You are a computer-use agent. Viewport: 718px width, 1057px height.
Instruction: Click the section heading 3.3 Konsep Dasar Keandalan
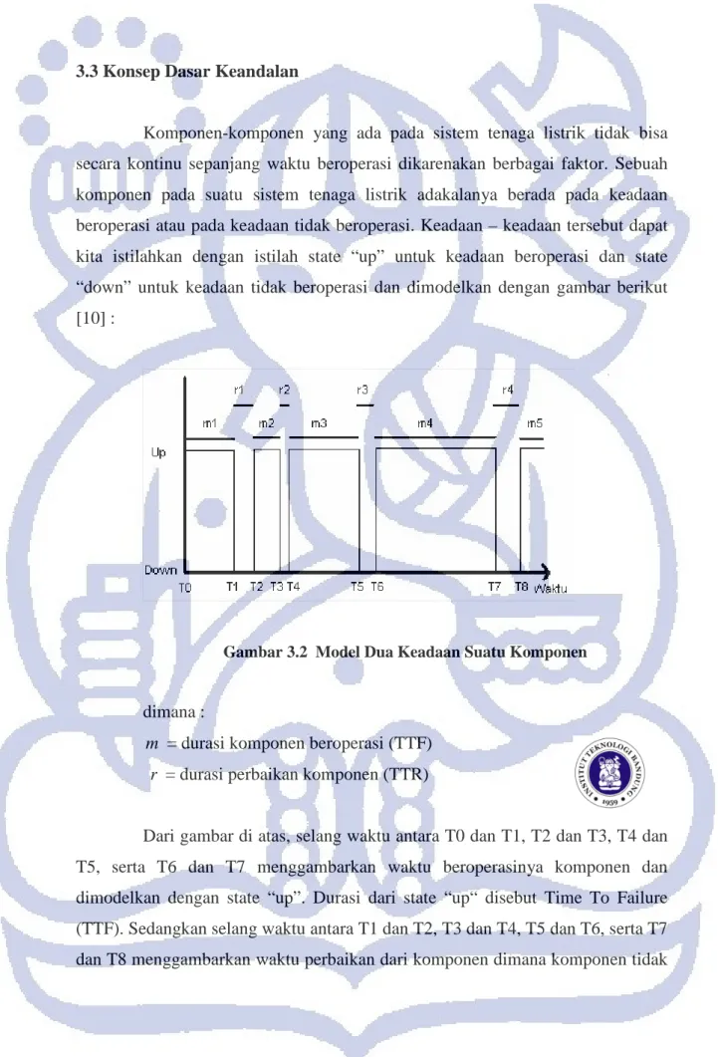(x=186, y=72)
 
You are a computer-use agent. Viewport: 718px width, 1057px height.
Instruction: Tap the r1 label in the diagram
(x=239, y=390)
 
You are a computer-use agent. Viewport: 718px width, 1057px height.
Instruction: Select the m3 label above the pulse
(x=319, y=423)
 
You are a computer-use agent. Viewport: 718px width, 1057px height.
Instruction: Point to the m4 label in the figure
(x=425, y=423)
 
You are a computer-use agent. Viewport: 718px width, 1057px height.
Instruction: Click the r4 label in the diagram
(x=508, y=390)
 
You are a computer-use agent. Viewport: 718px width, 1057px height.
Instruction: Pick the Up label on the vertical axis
(x=158, y=452)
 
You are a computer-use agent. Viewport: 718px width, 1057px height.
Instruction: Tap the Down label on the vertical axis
(x=160, y=570)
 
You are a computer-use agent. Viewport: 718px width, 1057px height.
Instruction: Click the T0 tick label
(x=185, y=588)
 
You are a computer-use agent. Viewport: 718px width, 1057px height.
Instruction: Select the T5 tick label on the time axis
(x=357, y=587)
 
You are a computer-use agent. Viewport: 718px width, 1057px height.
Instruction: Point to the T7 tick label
(x=494, y=587)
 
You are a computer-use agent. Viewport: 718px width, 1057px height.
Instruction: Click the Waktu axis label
(x=551, y=589)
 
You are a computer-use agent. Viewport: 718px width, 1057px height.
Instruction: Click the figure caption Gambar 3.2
(x=404, y=652)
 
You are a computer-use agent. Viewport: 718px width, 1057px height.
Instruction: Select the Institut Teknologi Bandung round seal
(x=609, y=774)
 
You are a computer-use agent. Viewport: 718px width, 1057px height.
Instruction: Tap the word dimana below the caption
(x=169, y=712)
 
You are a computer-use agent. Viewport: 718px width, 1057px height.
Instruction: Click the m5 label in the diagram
(x=535, y=423)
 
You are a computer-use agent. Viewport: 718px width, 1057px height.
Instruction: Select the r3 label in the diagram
(x=362, y=390)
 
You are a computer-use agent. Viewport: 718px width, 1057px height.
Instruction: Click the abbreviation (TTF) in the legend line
(x=409, y=743)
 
